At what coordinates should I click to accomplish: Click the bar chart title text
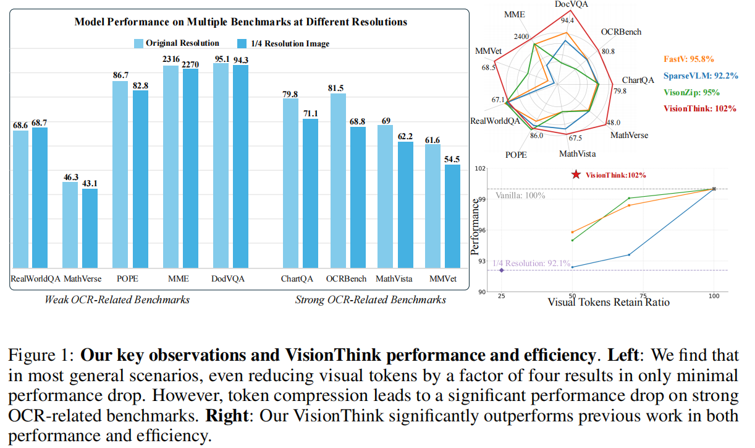[x=241, y=22]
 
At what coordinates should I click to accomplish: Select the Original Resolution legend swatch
[x=140, y=43]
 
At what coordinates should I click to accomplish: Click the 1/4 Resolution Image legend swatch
[x=240, y=43]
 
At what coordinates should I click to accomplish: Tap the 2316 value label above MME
[x=171, y=59]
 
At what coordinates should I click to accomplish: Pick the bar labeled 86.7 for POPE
[x=120, y=174]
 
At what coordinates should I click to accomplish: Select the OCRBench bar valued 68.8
[x=358, y=197]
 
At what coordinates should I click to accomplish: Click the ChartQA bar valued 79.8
[x=290, y=183]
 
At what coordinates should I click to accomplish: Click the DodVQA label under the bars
[x=229, y=279]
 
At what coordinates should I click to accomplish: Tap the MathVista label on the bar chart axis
[x=394, y=279]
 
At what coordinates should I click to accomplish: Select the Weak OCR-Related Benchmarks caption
[x=117, y=300]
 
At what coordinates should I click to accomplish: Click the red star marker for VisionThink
[x=576, y=175]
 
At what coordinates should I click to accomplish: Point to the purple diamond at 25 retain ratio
[x=501, y=270]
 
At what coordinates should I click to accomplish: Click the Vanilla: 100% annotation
[x=520, y=196]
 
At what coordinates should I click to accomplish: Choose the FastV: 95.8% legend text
[x=689, y=59]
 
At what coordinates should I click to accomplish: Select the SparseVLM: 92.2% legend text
[x=700, y=75]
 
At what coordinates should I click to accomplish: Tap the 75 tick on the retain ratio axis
[x=643, y=296]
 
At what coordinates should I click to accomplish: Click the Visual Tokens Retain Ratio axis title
[x=609, y=303]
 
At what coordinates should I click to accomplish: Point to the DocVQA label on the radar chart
[x=571, y=4]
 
